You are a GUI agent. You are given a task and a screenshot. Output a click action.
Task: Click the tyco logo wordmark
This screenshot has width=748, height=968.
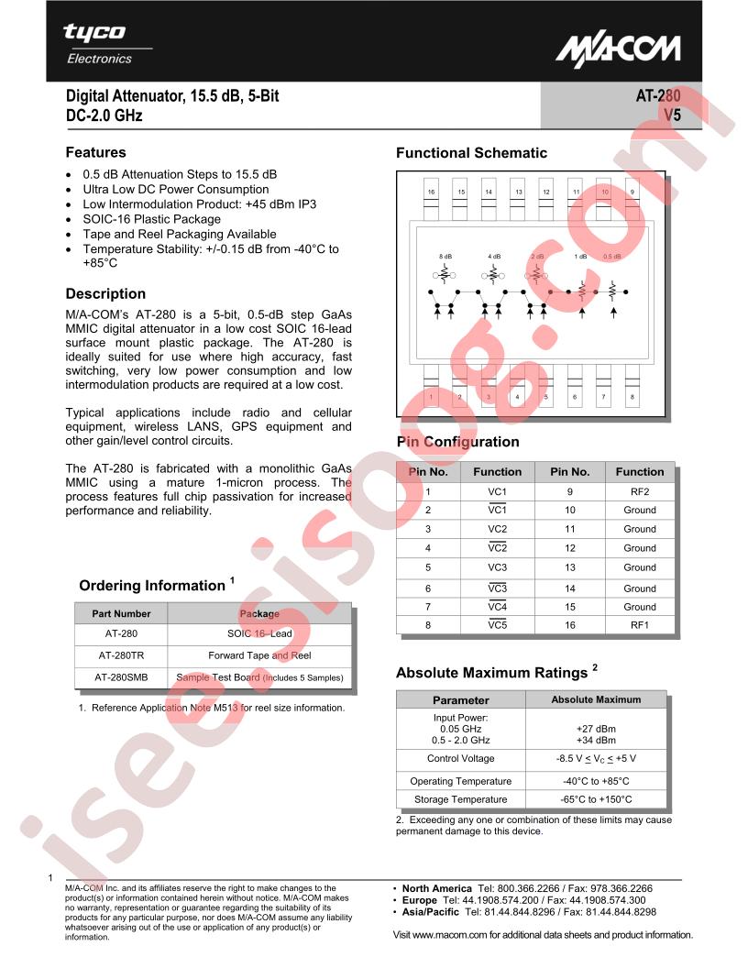coord(94,32)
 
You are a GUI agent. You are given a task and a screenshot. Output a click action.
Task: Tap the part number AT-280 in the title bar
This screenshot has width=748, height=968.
coord(657,95)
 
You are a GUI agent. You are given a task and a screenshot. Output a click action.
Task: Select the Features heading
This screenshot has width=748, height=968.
coord(95,152)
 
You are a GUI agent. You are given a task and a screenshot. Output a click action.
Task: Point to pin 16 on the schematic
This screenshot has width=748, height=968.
coord(431,192)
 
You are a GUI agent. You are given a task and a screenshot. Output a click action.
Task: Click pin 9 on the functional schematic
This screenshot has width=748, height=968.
coord(632,192)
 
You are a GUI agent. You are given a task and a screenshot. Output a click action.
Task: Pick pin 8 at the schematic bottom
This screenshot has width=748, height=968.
coord(632,397)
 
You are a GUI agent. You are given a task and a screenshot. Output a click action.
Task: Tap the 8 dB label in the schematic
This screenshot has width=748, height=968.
coord(445,257)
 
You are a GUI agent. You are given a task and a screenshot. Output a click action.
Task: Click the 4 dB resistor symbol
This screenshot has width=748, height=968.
coord(493,273)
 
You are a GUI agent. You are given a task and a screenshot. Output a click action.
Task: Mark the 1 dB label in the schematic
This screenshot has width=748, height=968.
coord(580,257)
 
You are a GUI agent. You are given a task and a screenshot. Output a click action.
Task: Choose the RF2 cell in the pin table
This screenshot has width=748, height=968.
coord(639,490)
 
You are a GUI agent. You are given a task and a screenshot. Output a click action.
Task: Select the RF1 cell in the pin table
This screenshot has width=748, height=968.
coord(639,625)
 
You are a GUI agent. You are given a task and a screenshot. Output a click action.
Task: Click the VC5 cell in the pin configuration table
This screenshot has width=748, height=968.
coord(497,625)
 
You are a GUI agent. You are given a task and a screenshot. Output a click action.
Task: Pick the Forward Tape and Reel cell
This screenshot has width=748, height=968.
coord(259,655)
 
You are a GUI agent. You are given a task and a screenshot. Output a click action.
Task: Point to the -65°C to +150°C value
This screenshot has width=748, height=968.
coord(597,799)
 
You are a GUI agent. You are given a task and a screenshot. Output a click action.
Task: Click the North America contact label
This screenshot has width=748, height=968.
coord(436,888)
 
